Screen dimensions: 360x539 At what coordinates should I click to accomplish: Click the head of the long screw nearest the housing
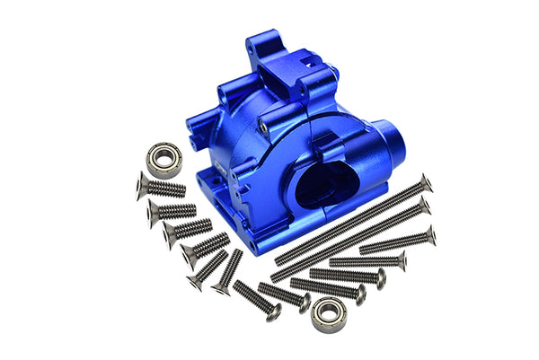425,183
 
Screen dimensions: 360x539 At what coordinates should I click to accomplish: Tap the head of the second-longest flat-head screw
423,208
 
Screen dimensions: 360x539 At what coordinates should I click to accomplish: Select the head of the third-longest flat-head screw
429,235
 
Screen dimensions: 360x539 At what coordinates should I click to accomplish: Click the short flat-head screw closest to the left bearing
144,185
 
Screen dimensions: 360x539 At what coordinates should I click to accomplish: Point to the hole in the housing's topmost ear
261,40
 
